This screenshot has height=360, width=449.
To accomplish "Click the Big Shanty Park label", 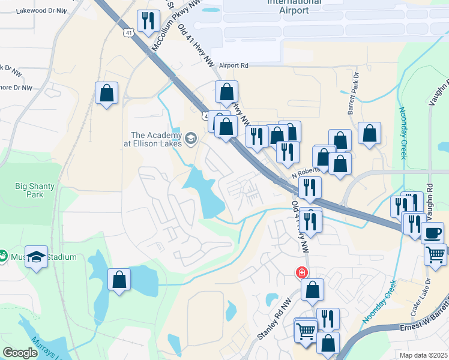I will click(35, 190).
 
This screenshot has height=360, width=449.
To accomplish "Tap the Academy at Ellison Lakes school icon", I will click(191, 139).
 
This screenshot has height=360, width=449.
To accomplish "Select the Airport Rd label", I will click(234, 65).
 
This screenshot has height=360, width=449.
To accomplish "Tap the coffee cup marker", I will click(432, 232).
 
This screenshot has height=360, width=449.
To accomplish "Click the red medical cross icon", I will click(301, 273).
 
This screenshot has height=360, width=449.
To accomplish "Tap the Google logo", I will click(20, 353).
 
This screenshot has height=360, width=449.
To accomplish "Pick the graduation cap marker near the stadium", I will click(36, 256).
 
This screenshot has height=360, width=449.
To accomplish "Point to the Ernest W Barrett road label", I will click(424, 325).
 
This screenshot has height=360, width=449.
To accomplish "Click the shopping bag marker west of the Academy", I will click(106, 93).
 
